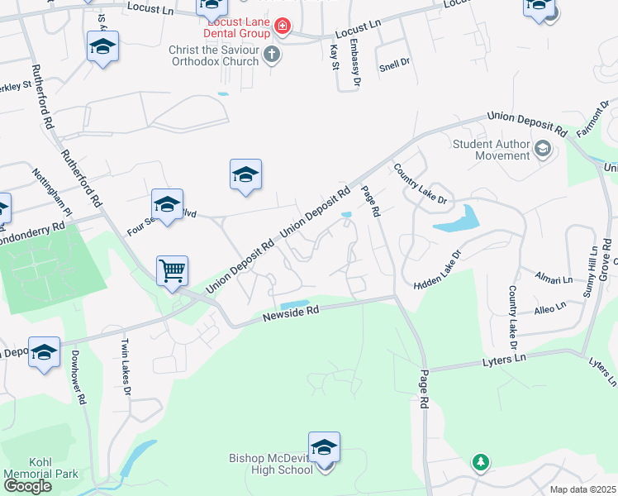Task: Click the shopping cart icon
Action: point(172,269)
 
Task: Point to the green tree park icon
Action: point(480,462)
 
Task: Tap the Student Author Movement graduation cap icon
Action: point(543,150)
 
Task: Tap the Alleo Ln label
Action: point(549,307)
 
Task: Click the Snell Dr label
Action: point(394,64)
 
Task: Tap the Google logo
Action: point(27,485)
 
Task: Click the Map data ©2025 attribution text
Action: point(582,489)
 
